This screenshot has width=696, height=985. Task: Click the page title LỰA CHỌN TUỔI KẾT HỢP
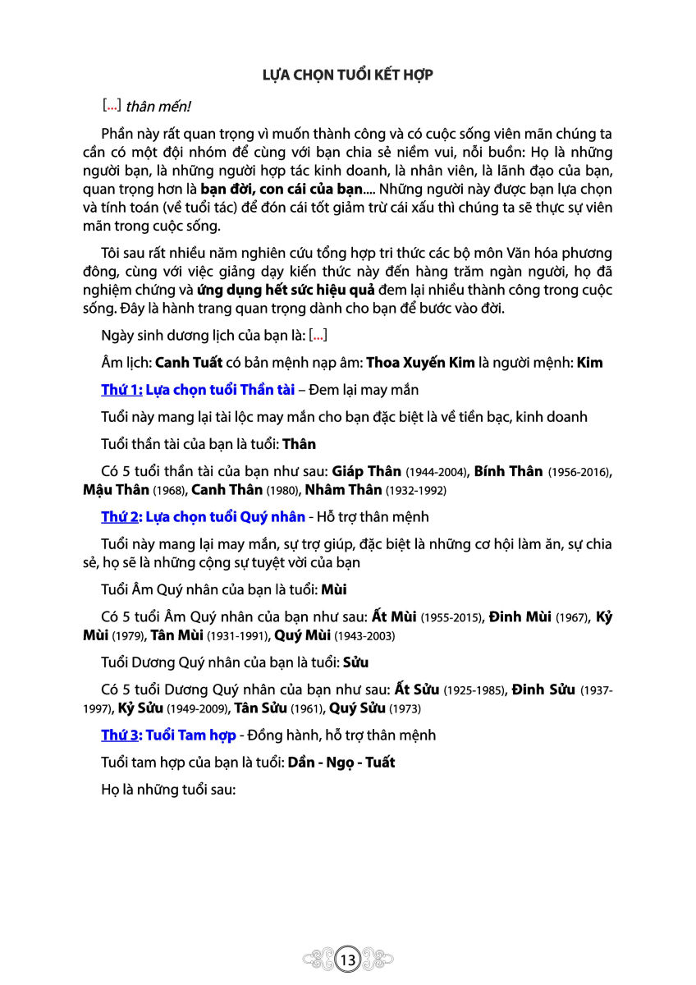(347, 75)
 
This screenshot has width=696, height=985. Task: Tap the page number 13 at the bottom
(347, 959)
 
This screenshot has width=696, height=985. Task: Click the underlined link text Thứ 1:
(121, 390)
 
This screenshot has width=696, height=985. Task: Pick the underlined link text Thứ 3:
(121, 735)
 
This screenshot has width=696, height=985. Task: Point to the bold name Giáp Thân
(366, 471)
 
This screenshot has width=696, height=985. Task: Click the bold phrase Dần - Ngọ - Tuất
(341, 763)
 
